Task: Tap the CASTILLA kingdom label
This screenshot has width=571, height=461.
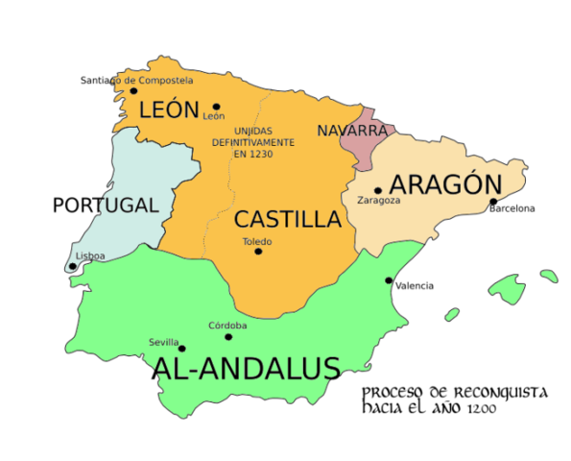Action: [288, 218]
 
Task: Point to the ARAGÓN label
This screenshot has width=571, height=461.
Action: [445, 184]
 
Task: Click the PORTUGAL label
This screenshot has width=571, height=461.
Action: [105, 205]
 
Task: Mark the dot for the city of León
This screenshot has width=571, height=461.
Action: [217, 107]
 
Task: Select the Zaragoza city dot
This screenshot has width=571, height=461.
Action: [378, 190]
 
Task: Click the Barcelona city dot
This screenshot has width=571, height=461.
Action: [493, 202]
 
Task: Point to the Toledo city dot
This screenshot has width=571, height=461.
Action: [258, 252]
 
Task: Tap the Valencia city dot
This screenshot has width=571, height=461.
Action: [389, 280]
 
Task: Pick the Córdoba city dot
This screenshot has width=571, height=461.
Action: [228, 336]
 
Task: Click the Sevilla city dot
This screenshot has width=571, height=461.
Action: [181, 349]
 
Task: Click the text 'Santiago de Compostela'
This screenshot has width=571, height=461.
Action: [136, 80]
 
